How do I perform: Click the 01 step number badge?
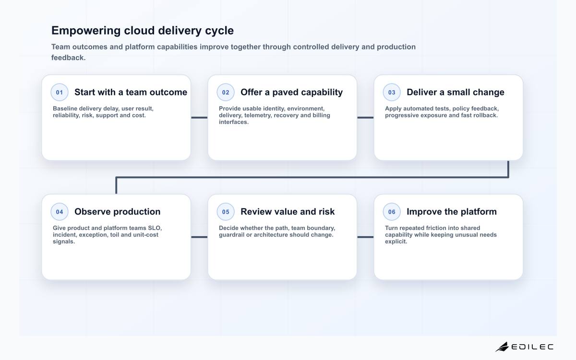(60, 92)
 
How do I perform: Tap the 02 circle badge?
(226, 92)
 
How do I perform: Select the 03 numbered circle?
(392, 92)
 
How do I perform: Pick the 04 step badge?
(60, 212)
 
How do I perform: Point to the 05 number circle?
(226, 212)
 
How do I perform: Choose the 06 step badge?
(392, 212)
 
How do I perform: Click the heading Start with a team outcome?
(131, 92)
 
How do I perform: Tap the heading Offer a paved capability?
(292, 92)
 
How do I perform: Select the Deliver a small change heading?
(456, 92)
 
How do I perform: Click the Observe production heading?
(117, 212)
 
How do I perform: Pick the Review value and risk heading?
(288, 212)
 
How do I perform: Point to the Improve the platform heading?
(452, 212)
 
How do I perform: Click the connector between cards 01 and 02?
(199, 118)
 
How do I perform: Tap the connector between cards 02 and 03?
(365, 118)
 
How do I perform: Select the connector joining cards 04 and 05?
(199, 237)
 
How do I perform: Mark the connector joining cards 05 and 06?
(365, 237)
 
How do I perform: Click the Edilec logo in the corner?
(524, 347)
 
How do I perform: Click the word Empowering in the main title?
(86, 31)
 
